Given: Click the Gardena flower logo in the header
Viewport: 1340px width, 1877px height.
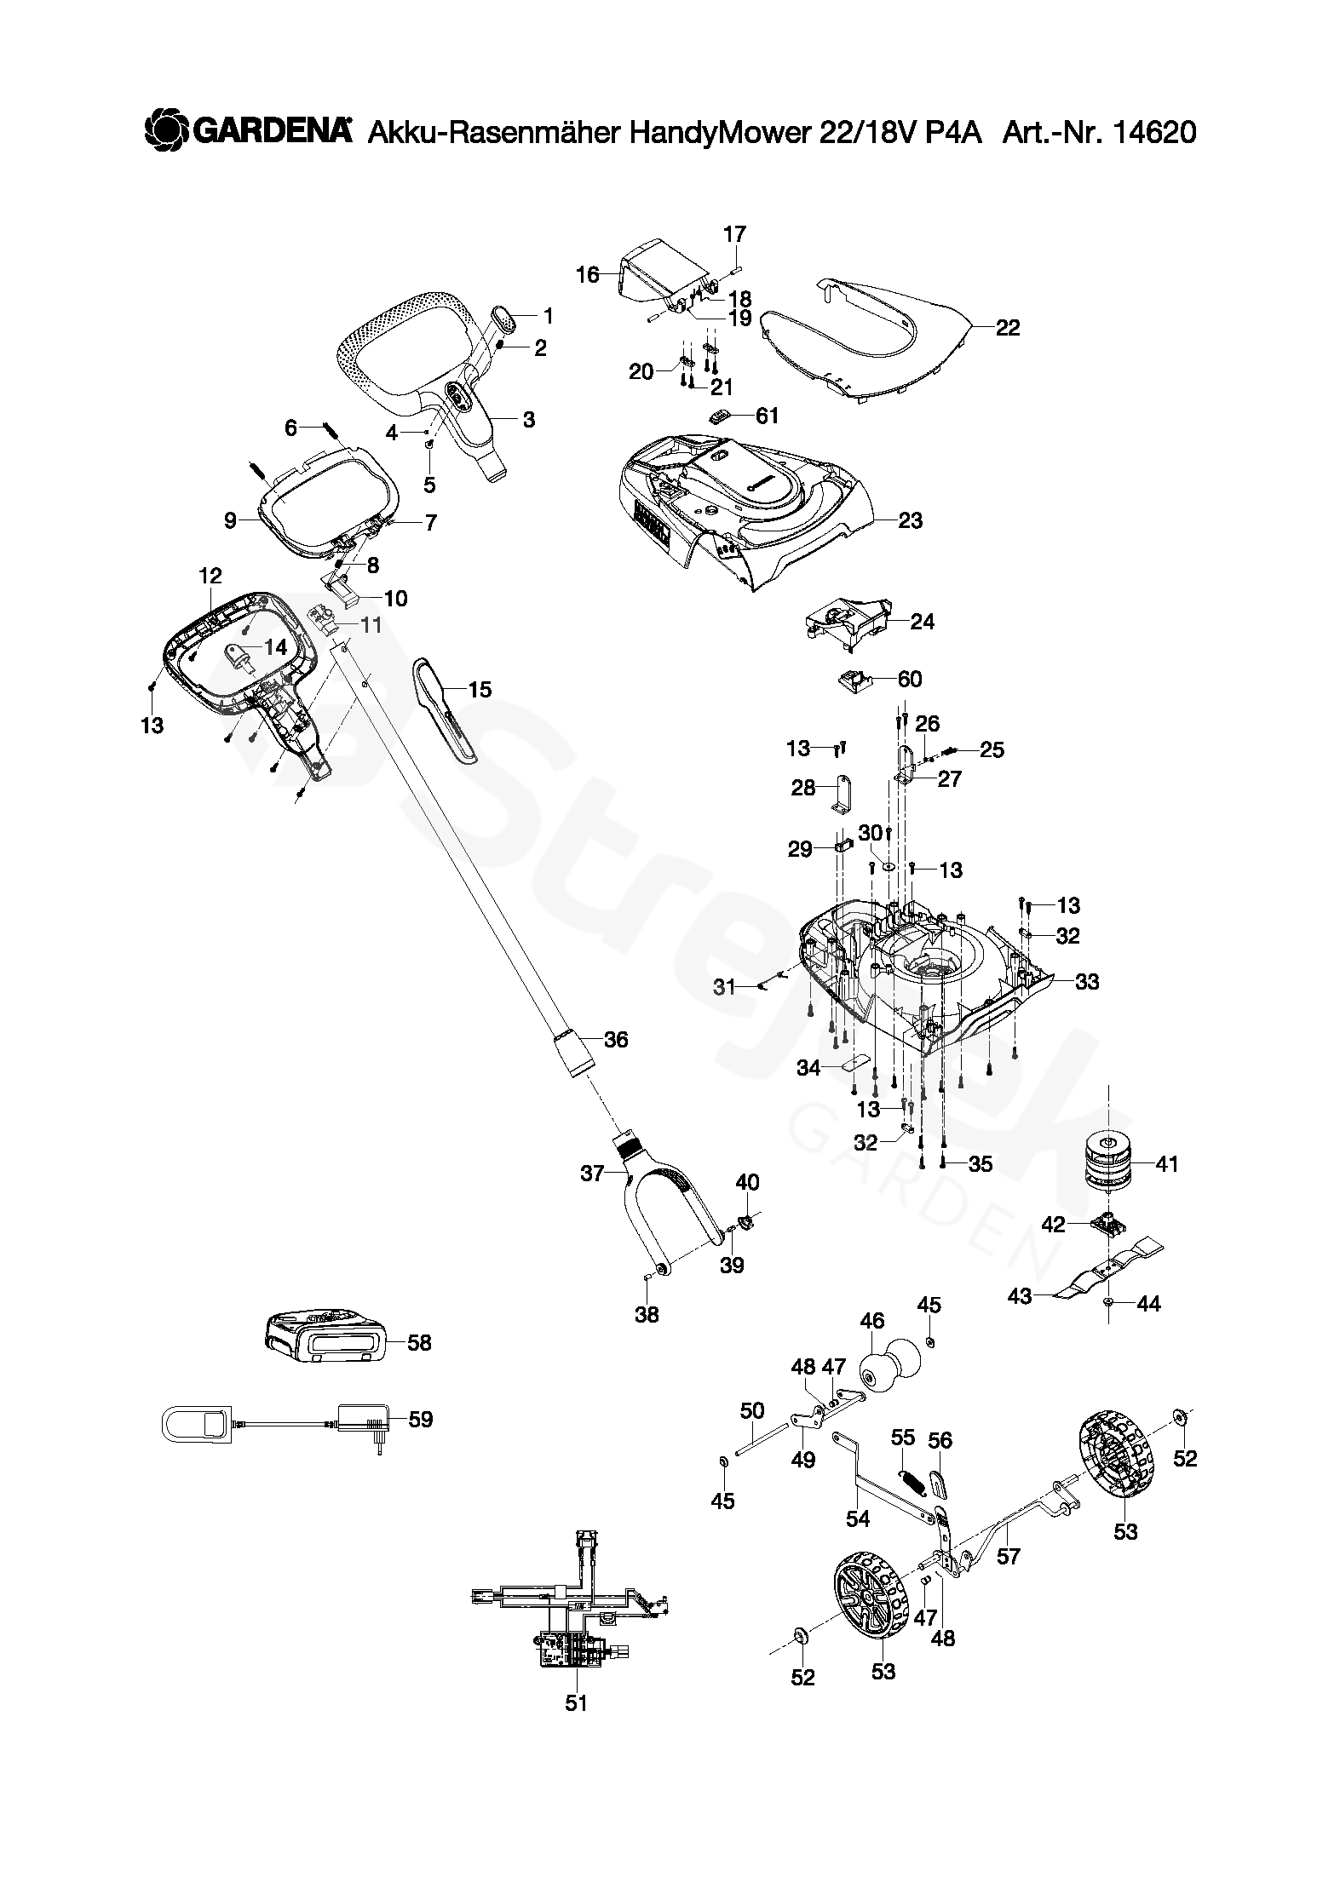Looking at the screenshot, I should point(165,131).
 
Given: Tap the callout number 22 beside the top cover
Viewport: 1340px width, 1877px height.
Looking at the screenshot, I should point(1007,328).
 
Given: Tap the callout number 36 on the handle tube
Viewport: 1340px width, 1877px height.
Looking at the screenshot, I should point(616,1039).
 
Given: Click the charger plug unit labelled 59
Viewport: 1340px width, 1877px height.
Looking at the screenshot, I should point(365,1420).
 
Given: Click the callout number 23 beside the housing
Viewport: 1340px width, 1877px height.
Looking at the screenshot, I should point(911,520).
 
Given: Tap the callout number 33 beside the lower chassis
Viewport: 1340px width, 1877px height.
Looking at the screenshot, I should point(1087,982).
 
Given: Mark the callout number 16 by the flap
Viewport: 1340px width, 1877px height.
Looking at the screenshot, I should point(588,275).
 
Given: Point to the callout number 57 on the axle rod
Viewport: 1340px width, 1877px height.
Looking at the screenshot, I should point(1008,1556).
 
